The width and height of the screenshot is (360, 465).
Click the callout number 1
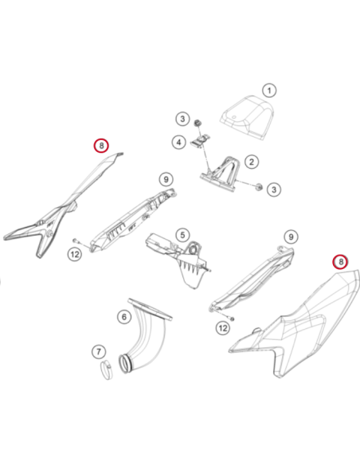tap(269, 91)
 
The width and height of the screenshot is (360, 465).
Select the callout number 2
tap(252, 162)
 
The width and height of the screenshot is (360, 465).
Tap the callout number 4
tap(179, 143)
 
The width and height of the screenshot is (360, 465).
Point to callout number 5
tap(182, 235)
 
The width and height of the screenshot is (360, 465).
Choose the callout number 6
tap(124, 317)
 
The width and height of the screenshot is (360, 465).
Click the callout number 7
tap(99, 352)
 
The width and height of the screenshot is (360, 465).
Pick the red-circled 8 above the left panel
tap(101, 146)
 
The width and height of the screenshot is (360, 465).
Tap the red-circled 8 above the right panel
tap(340, 262)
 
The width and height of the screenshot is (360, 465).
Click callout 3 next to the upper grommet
tap(182, 119)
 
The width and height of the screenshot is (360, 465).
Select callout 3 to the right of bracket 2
tap(274, 190)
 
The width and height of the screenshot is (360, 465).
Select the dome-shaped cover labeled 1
tap(247, 118)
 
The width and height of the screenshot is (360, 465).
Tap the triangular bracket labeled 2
tap(220, 174)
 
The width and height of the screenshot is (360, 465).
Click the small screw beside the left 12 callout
tap(76, 240)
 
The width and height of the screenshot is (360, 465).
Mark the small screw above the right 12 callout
tap(233, 318)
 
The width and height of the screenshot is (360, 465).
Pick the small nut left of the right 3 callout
tap(259, 186)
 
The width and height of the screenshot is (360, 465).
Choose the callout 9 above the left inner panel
tap(166, 179)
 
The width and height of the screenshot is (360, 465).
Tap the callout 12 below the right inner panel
tap(223, 328)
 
